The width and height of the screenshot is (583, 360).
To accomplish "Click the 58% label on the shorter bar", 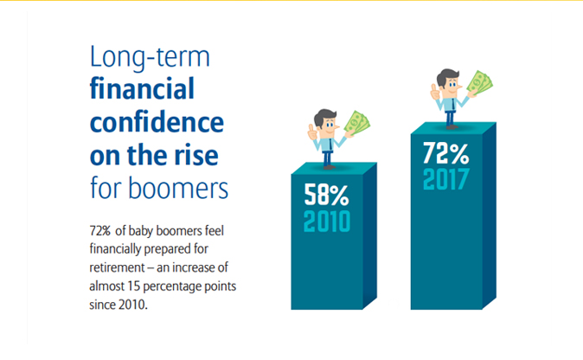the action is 326,195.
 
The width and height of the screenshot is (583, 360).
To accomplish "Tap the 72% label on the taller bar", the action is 445,153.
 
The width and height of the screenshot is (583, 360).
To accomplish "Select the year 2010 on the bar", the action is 327,222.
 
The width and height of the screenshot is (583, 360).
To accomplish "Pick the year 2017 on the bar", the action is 445,179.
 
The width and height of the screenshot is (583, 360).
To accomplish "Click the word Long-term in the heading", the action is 150,57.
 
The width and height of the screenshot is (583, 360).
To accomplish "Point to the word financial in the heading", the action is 142,88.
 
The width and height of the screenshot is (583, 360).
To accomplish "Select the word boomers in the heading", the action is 178,188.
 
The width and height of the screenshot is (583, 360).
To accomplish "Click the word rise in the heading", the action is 196,155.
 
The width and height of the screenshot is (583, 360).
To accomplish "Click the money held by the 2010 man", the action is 357,123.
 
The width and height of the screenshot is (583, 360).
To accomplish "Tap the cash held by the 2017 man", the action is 480,82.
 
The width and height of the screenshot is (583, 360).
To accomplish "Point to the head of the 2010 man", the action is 326,123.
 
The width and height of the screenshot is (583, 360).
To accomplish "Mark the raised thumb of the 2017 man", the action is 434,93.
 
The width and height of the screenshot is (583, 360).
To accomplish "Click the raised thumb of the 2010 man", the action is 311,132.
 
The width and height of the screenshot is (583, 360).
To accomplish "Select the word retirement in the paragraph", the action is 117,267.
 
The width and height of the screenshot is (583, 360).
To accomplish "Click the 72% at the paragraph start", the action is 100,231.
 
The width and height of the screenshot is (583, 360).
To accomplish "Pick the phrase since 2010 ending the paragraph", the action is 119,305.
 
